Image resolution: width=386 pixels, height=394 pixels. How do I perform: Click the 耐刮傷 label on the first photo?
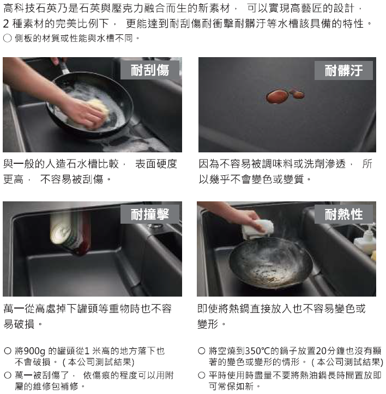click(150, 70)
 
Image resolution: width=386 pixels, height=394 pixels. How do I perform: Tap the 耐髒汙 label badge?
click(343, 70)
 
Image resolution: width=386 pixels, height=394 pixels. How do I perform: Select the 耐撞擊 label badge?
click(150, 214)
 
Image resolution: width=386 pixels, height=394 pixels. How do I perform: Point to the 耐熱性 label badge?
click(343, 214)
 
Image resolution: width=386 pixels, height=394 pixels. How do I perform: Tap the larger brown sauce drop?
click(277, 96)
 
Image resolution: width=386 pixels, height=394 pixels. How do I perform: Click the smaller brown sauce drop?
click(298, 95)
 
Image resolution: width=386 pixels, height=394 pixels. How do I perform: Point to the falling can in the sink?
click(70, 232)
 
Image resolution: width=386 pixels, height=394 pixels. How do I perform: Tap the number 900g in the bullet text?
click(34, 351)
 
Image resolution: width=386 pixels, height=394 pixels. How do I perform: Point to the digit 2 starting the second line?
click(6, 24)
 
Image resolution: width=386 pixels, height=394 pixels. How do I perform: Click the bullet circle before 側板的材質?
click(8, 38)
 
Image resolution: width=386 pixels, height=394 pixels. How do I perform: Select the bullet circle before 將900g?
click(8, 350)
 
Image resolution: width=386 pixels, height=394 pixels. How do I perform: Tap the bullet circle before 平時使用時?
click(201, 375)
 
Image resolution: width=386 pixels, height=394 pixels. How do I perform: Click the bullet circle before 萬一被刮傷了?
click(8, 375)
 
